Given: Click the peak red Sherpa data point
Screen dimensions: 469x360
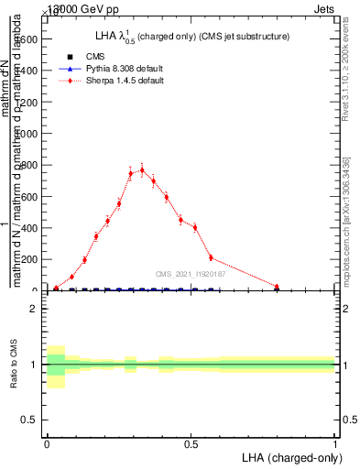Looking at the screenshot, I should click(x=141, y=169).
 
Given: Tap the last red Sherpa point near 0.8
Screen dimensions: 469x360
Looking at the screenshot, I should click(x=277, y=287).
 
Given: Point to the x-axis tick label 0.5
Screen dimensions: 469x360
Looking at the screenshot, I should click(x=191, y=444).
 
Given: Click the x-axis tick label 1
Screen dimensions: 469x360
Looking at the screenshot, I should click(x=334, y=444).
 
